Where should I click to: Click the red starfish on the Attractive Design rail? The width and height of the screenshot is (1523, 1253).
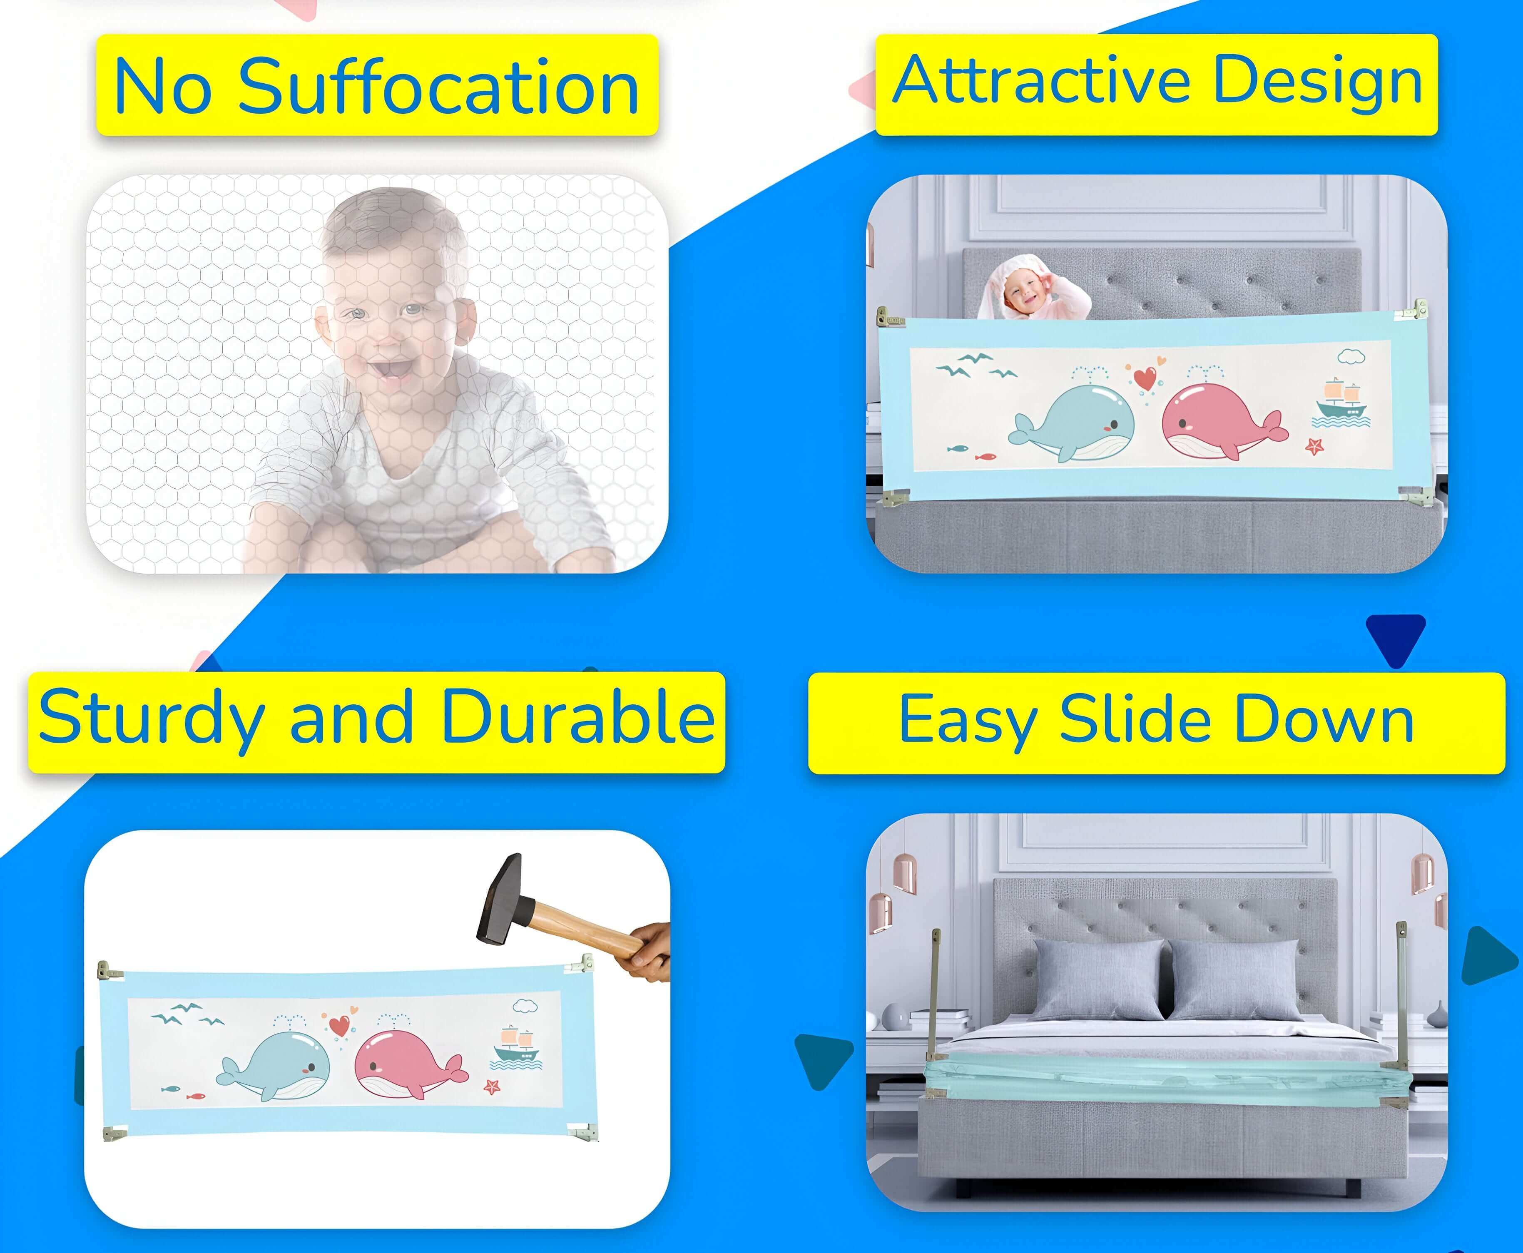point(1314,446)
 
